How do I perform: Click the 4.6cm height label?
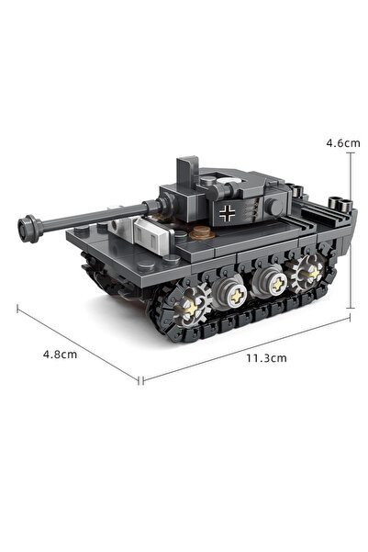[x=343, y=143]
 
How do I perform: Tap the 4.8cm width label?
[x=60, y=355]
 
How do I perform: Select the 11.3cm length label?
[x=266, y=358]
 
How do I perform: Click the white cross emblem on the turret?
[x=227, y=213]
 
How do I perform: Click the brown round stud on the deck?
[x=202, y=231]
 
